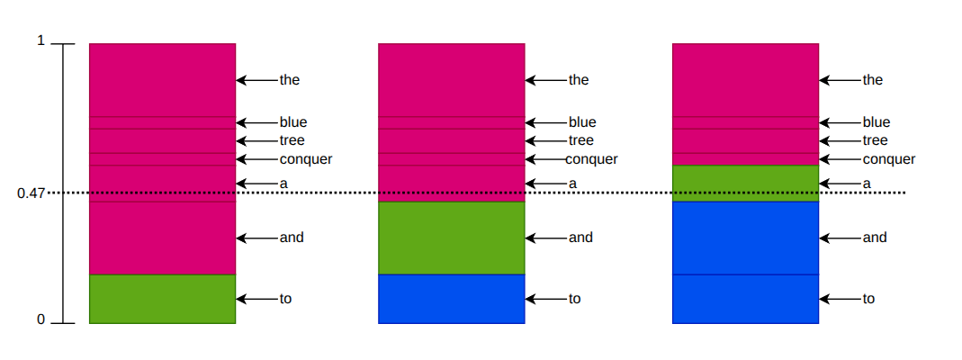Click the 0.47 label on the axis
click(x=31, y=193)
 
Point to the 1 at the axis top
click(x=41, y=41)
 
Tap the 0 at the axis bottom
click(x=41, y=319)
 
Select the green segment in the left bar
click(x=163, y=299)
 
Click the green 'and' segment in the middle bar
click(x=452, y=238)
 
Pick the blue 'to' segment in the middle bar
click(x=452, y=299)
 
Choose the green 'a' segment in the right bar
click(x=745, y=184)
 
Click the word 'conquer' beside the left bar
click(x=306, y=159)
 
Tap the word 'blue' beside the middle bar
click(x=582, y=122)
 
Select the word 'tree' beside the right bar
click(x=875, y=140)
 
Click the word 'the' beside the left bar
click(x=290, y=80)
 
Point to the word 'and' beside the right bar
click(x=875, y=238)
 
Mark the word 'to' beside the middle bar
click(x=574, y=299)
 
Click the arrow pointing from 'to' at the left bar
click(x=257, y=299)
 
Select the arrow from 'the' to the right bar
click(x=841, y=80)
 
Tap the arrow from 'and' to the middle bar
click(x=546, y=238)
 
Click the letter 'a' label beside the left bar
click(x=283, y=184)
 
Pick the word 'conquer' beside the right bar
click(x=889, y=159)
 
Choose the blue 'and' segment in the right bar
click(x=745, y=238)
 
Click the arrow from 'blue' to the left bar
click(x=257, y=122)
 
